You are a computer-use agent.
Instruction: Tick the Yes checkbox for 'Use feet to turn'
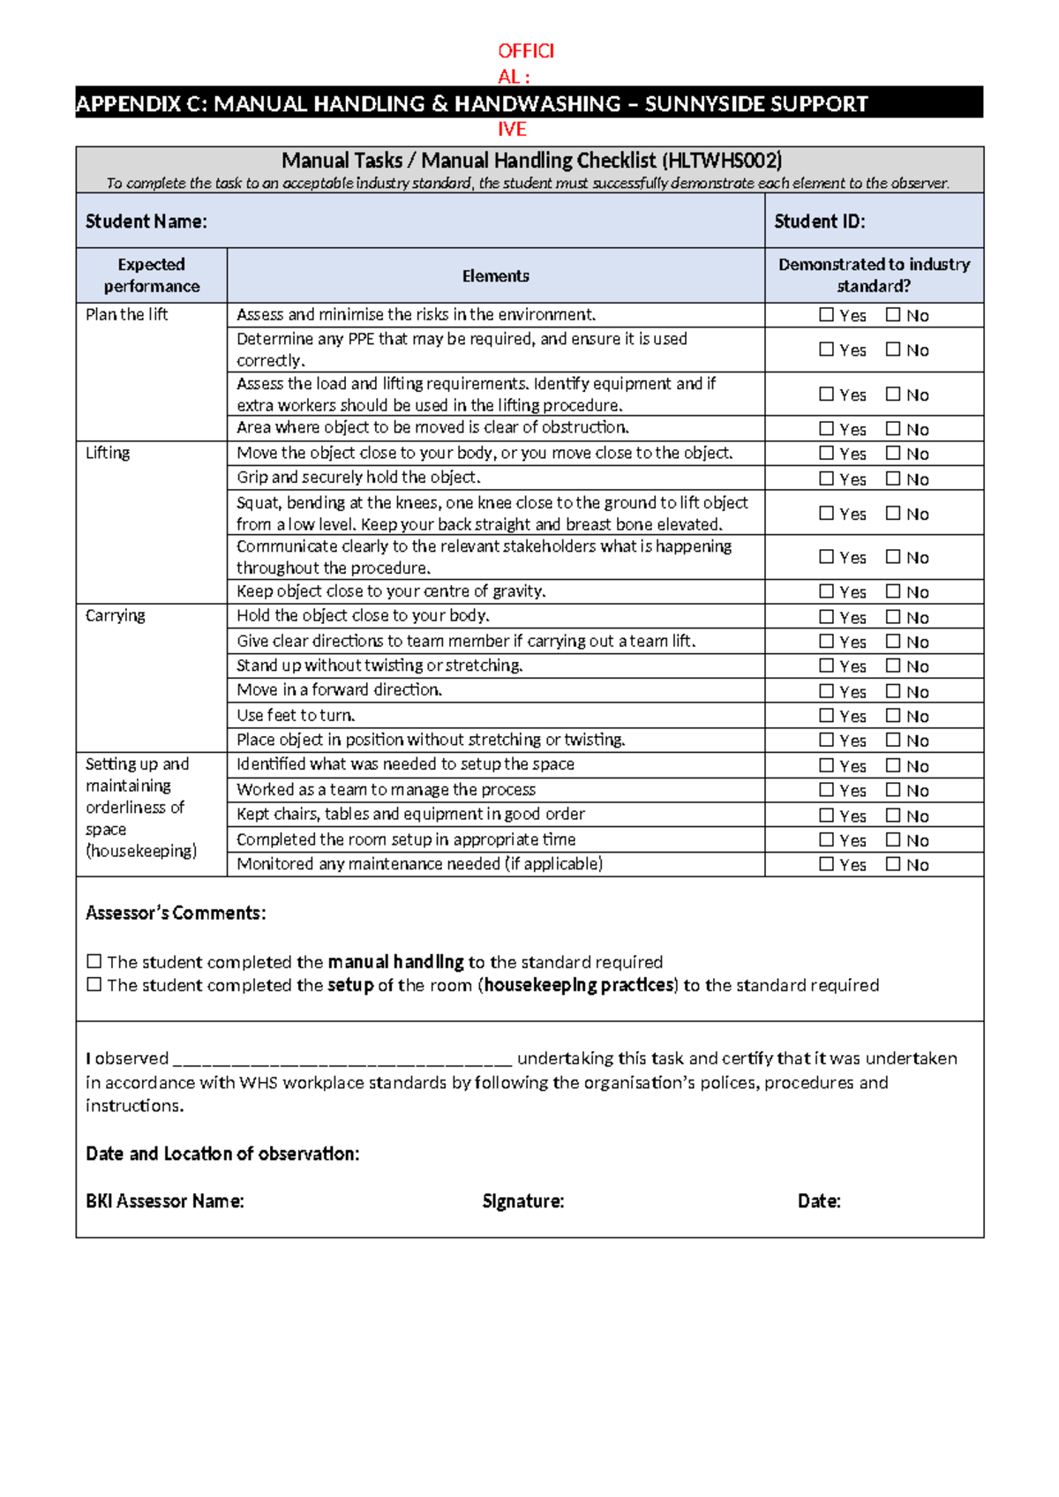(826, 715)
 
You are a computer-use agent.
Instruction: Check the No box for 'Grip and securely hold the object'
(893, 478)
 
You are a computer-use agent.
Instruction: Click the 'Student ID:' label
(819, 222)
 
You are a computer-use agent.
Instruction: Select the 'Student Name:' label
(146, 222)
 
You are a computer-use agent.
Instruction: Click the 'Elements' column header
(495, 276)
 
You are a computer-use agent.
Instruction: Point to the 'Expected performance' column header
(152, 275)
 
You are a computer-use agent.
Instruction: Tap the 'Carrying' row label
(116, 615)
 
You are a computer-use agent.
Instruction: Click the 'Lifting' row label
(108, 453)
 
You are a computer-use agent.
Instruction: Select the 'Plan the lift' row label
(126, 314)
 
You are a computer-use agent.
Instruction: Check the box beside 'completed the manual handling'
(94, 961)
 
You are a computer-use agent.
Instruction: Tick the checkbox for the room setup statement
(94, 984)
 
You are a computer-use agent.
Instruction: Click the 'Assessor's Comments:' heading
(176, 913)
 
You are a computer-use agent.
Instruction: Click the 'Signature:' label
(523, 1201)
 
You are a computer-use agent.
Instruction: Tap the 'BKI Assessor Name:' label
(165, 1201)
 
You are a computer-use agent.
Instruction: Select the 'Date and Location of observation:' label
(222, 1154)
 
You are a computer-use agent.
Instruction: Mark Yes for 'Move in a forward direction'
(826, 690)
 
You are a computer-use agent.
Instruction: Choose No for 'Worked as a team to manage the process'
(893, 790)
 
